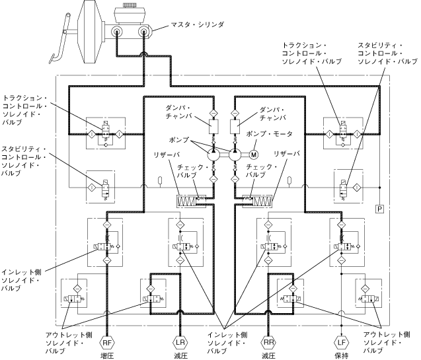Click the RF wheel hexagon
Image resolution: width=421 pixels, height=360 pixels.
[x=107, y=343]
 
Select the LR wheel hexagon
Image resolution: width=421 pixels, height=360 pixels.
[x=180, y=343]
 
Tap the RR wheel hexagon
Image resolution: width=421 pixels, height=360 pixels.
[x=268, y=343]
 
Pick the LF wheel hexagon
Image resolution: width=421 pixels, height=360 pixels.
[x=340, y=343]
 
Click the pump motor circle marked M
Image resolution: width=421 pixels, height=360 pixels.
[x=252, y=155]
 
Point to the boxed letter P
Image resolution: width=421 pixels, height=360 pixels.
[x=380, y=209]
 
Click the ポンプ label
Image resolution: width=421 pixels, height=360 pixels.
[x=179, y=141]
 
